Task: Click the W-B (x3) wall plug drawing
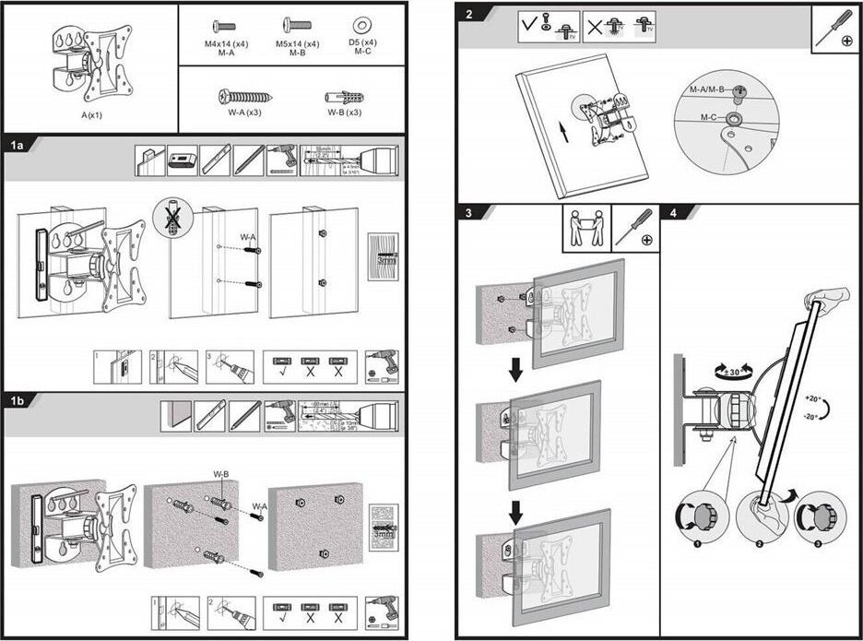(x=343, y=97)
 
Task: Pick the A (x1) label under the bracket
(x=89, y=116)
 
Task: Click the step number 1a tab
(x=18, y=146)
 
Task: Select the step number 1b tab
(x=18, y=401)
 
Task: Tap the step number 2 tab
(x=469, y=15)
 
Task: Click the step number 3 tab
(x=469, y=213)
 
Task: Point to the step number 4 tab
(x=674, y=213)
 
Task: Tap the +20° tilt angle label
(x=811, y=398)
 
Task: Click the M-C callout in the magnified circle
(x=708, y=117)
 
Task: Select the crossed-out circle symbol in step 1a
(x=172, y=218)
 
